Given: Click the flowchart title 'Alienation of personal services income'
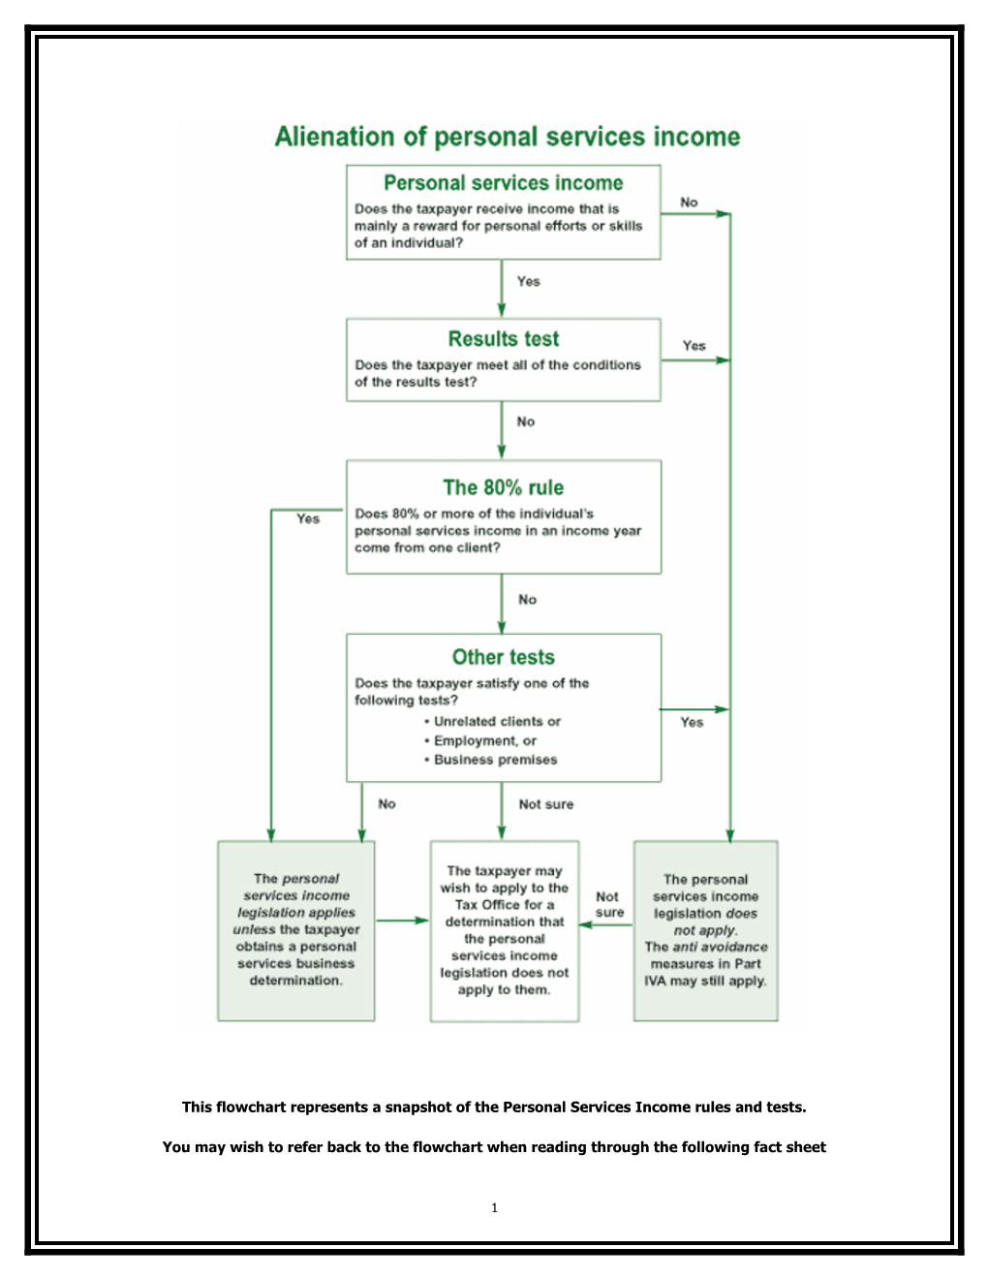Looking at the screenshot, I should point(507,137).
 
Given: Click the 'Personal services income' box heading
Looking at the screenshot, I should point(503,183).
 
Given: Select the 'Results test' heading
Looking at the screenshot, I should point(503,339).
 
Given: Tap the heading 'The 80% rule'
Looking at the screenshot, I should point(503,487).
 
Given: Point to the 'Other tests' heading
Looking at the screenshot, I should point(503,657).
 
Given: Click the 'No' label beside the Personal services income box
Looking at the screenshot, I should point(689,203).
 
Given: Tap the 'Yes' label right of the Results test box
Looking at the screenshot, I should point(694,346).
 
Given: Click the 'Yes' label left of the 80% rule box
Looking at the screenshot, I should point(308,519).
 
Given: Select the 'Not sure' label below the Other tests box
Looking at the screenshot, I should point(545,804).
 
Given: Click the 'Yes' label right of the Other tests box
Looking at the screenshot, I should point(692,723).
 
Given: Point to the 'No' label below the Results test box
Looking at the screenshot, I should point(525,422).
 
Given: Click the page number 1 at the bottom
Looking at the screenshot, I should point(494,1208).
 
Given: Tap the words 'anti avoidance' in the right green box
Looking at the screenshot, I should point(720,948).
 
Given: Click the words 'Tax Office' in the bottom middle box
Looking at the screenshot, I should point(487,905).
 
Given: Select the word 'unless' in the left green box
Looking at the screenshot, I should point(254,930).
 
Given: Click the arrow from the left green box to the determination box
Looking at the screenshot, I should point(402,920).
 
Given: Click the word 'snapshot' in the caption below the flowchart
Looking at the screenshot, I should point(417,1107).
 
